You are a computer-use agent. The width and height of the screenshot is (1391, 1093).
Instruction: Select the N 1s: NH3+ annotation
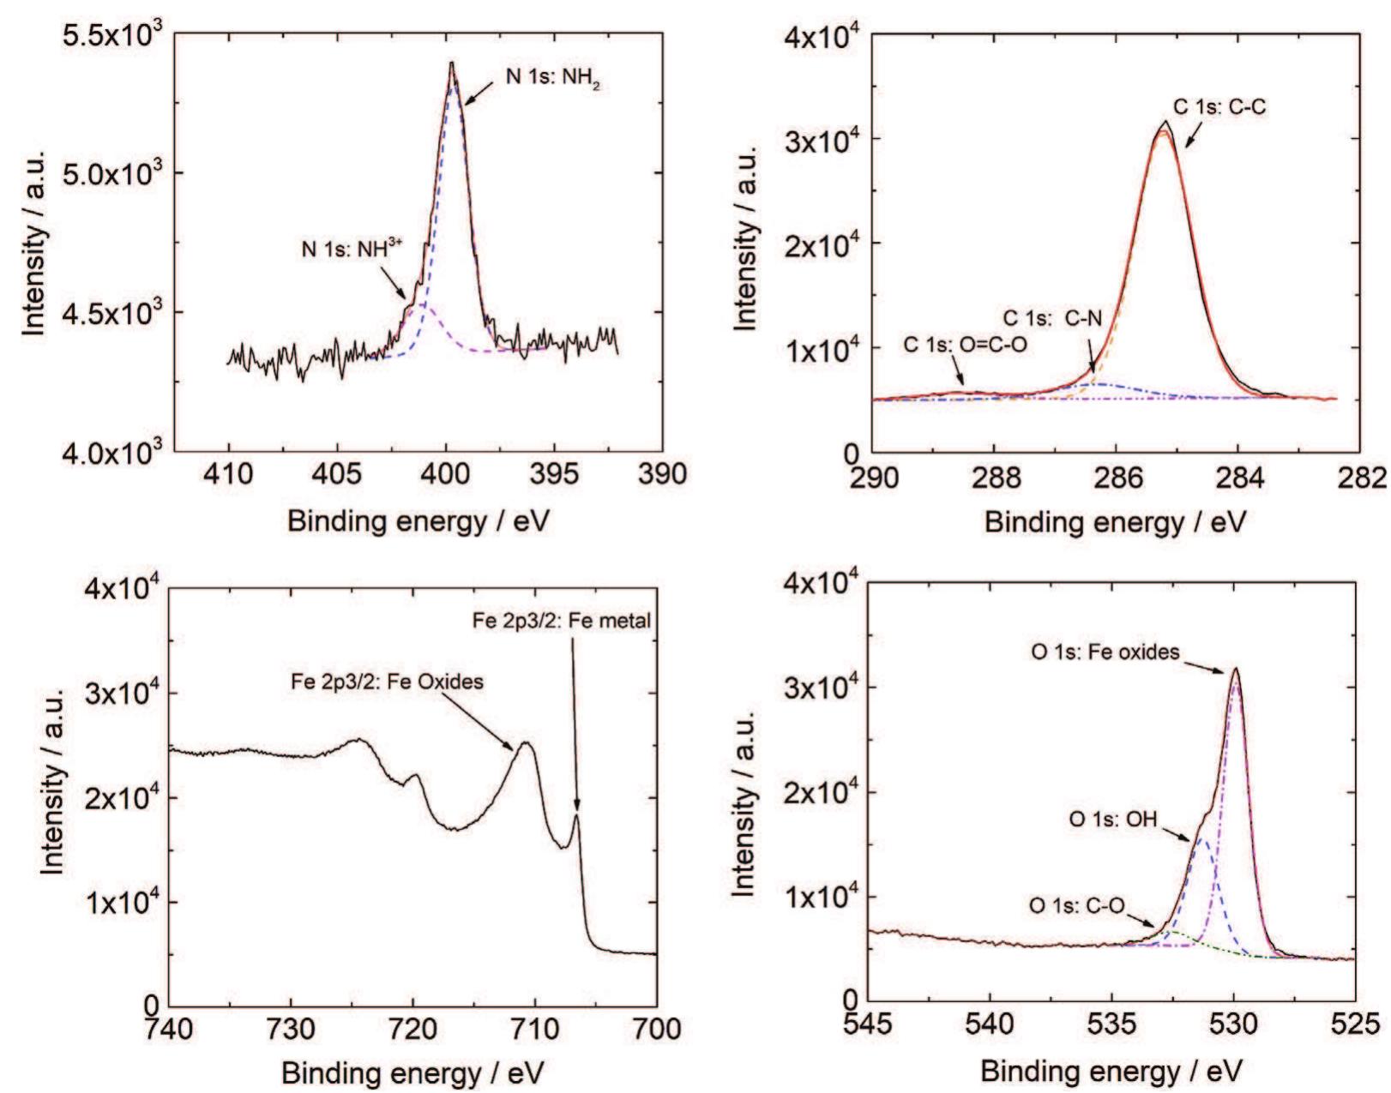pyautogui.click(x=351, y=249)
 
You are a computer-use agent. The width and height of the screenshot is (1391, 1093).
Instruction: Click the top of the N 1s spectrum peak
pyautogui.click(x=452, y=63)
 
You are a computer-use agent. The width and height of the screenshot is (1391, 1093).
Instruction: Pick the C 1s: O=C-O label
pyautogui.click(x=964, y=345)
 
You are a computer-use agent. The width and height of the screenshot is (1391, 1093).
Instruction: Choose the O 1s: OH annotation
pyautogui.click(x=1112, y=820)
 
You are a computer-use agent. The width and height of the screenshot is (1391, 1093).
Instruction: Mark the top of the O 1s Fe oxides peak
pyautogui.click(x=1235, y=669)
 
